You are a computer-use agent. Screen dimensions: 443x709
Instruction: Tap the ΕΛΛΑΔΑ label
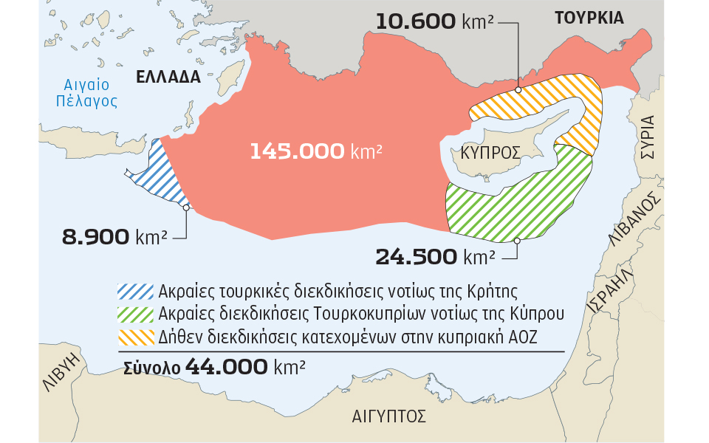pyautogui.click(x=168, y=77)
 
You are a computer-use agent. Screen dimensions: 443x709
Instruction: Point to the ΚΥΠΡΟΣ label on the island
pyautogui.click(x=490, y=153)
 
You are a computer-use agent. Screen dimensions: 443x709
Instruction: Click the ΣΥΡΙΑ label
pyautogui.click(x=648, y=137)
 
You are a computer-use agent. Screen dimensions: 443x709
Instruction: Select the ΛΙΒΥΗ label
pyautogui.click(x=64, y=376)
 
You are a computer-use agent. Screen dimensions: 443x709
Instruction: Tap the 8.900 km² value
pyautogui.click(x=114, y=237)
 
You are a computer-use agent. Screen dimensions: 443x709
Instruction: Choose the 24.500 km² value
pyautogui.click(x=435, y=257)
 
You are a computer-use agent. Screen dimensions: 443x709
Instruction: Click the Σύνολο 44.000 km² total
pyautogui.click(x=213, y=366)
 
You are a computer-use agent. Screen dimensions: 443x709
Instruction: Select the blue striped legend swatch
pyautogui.click(x=135, y=289)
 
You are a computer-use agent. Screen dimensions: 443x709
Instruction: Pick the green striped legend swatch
pyautogui.click(x=135, y=313)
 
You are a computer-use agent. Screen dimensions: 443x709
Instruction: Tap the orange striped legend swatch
pyautogui.click(x=135, y=337)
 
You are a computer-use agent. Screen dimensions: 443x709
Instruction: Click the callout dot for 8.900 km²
pyautogui.click(x=186, y=207)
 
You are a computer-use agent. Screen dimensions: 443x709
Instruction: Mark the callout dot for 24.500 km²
pyautogui.click(x=517, y=241)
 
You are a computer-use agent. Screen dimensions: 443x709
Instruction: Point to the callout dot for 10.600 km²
pyautogui.click(x=518, y=89)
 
